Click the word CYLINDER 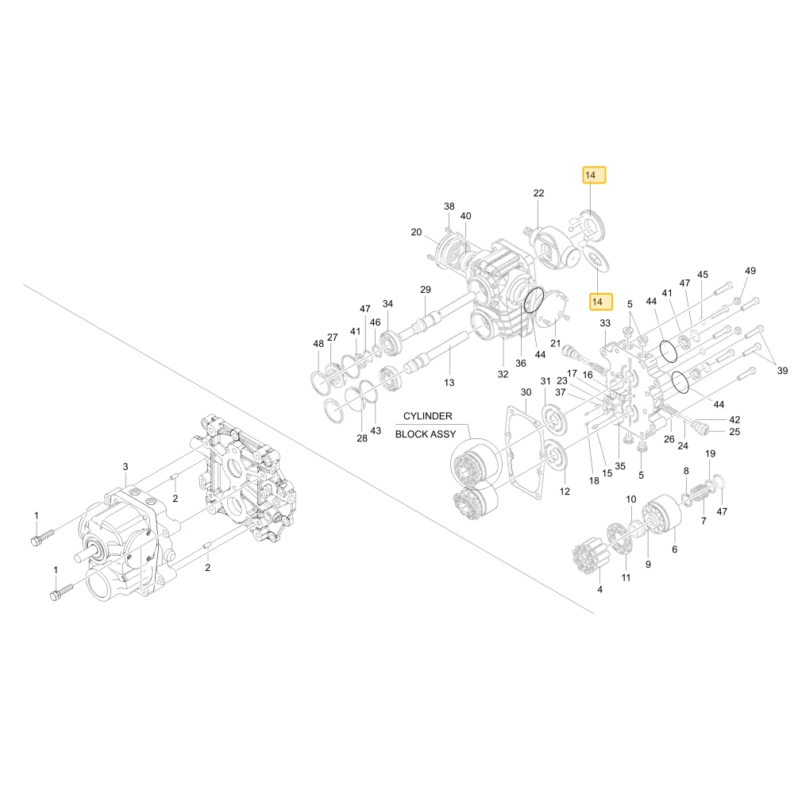click(x=427, y=416)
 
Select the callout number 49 click(x=750, y=271)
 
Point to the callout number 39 click(x=782, y=371)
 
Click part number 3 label click(x=125, y=467)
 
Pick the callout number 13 click(x=449, y=383)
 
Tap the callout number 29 click(x=426, y=290)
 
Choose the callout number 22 click(x=539, y=194)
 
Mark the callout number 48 click(x=318, y=344)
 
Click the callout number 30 click(x=526, y=392)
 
